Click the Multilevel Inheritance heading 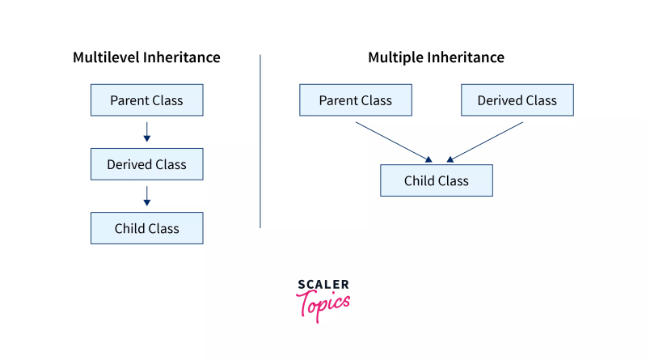[x=146, y=57]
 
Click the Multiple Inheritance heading [x=436, y=57]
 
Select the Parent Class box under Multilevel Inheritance [x=146, y=100]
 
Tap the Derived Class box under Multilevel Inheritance [x=146, y=164]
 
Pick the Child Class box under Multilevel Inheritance [x=146, y=228]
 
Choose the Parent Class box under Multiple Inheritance [x=355, y=100]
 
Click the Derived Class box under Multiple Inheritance [x=517, y=100]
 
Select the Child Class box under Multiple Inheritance [x=436, y=180]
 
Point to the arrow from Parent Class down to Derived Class [x=146, y=132]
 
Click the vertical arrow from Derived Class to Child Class [x=146, y=196]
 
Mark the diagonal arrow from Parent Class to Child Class [x=393, y=142]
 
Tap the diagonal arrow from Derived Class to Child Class [x=485, y=142]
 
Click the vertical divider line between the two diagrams [x=260, y=142]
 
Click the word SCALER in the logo [x=323, y=285]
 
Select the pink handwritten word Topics [x=323, y=304]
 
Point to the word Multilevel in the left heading [x=106, y=57]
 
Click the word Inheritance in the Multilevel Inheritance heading [x=182, y=57]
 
